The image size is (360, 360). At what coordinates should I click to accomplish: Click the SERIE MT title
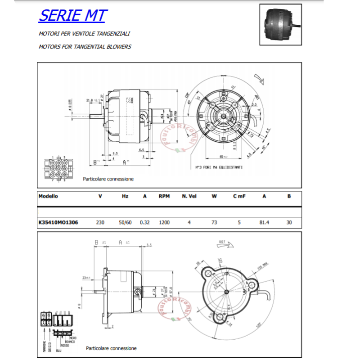[72, 15]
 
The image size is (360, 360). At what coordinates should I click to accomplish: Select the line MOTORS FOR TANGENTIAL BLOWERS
[85, 46]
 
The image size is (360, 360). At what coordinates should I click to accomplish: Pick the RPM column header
[164, 196]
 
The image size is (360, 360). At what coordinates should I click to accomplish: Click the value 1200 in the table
[164, 222]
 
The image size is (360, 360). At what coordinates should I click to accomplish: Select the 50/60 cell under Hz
[125, 222]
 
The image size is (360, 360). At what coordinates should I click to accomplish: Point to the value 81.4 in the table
[264, 222]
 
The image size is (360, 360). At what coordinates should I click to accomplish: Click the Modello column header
[48, 196]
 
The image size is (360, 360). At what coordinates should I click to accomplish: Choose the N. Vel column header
[189, 196]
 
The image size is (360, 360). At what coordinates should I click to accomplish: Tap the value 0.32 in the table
[144, 222]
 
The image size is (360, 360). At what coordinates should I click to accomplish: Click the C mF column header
[239, 196]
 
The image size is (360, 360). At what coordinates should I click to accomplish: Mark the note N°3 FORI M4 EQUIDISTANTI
[219, 167]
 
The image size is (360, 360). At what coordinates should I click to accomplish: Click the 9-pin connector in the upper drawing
[58, 169]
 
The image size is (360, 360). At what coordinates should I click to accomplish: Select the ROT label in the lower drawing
[222, 242]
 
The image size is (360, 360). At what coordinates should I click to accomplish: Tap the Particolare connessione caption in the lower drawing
[111, 348]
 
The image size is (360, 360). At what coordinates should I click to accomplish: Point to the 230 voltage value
[101, 222]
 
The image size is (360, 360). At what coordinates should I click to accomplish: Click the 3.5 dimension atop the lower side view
[149, 245]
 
